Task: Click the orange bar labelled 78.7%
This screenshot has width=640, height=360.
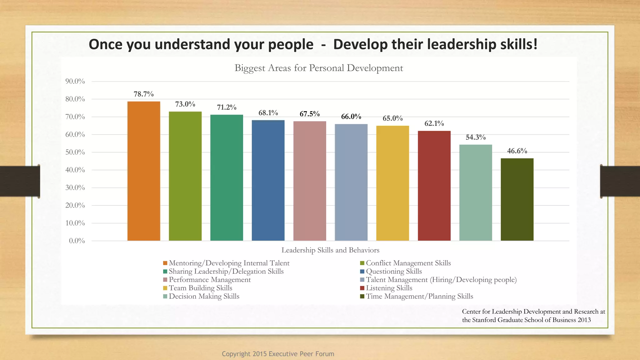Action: click(x=144, y=171)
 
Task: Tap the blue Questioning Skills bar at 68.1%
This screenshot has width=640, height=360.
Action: click(x=268, y=180)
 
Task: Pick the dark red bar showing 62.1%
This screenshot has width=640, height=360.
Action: click(x=434, y=186)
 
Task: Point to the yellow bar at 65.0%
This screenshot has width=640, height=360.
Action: click(x=392, y=183)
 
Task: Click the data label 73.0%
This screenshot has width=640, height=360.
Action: click(x=185, y=104)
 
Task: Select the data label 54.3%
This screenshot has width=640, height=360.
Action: click(x=476, y=137)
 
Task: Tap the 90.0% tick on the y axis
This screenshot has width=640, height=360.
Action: click(x=75, y=81)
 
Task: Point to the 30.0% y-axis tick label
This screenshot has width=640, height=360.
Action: click(x=75, y=187)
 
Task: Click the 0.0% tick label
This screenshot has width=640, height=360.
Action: click(x=77, y=241)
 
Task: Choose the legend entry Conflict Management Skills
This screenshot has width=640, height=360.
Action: click(x=408, y=263)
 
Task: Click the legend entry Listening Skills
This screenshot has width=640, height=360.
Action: click(x=389, y=288)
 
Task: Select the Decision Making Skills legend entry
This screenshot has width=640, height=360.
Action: click(x=204, y=296)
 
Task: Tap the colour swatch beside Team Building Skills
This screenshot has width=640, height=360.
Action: click(x=165, y=288)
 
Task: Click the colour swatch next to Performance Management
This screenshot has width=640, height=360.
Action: click(x=165, y=280)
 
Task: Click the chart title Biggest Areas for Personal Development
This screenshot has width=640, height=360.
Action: click(x=319, y=68)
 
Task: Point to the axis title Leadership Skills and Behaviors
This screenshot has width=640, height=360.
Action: click(x=330, y=250)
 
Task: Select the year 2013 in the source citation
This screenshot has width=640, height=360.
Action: click(x=584, y=320)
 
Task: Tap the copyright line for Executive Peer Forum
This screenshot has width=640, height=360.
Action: click(x=278, y=354)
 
